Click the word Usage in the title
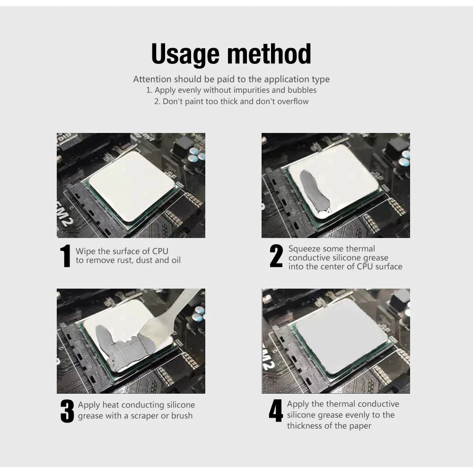click(x=184, y=54)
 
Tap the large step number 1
click(x=65, y=256)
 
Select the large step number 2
click(x=276, y=256)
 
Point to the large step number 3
click(x=67, y=411)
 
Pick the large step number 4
click(x=275, y=411)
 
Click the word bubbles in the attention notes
click(x=303, y=90)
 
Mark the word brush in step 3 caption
click(x=182, y=416)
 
